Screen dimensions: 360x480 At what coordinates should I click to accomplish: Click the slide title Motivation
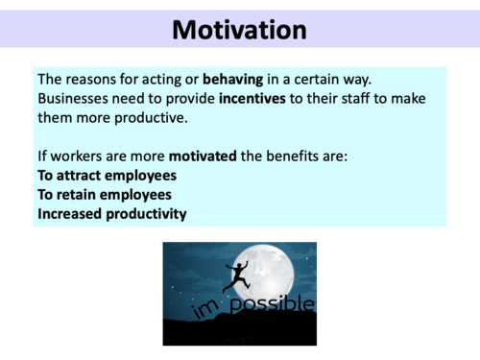coord(240,29)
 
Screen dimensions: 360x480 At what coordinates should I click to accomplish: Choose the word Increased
coord(72,213)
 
